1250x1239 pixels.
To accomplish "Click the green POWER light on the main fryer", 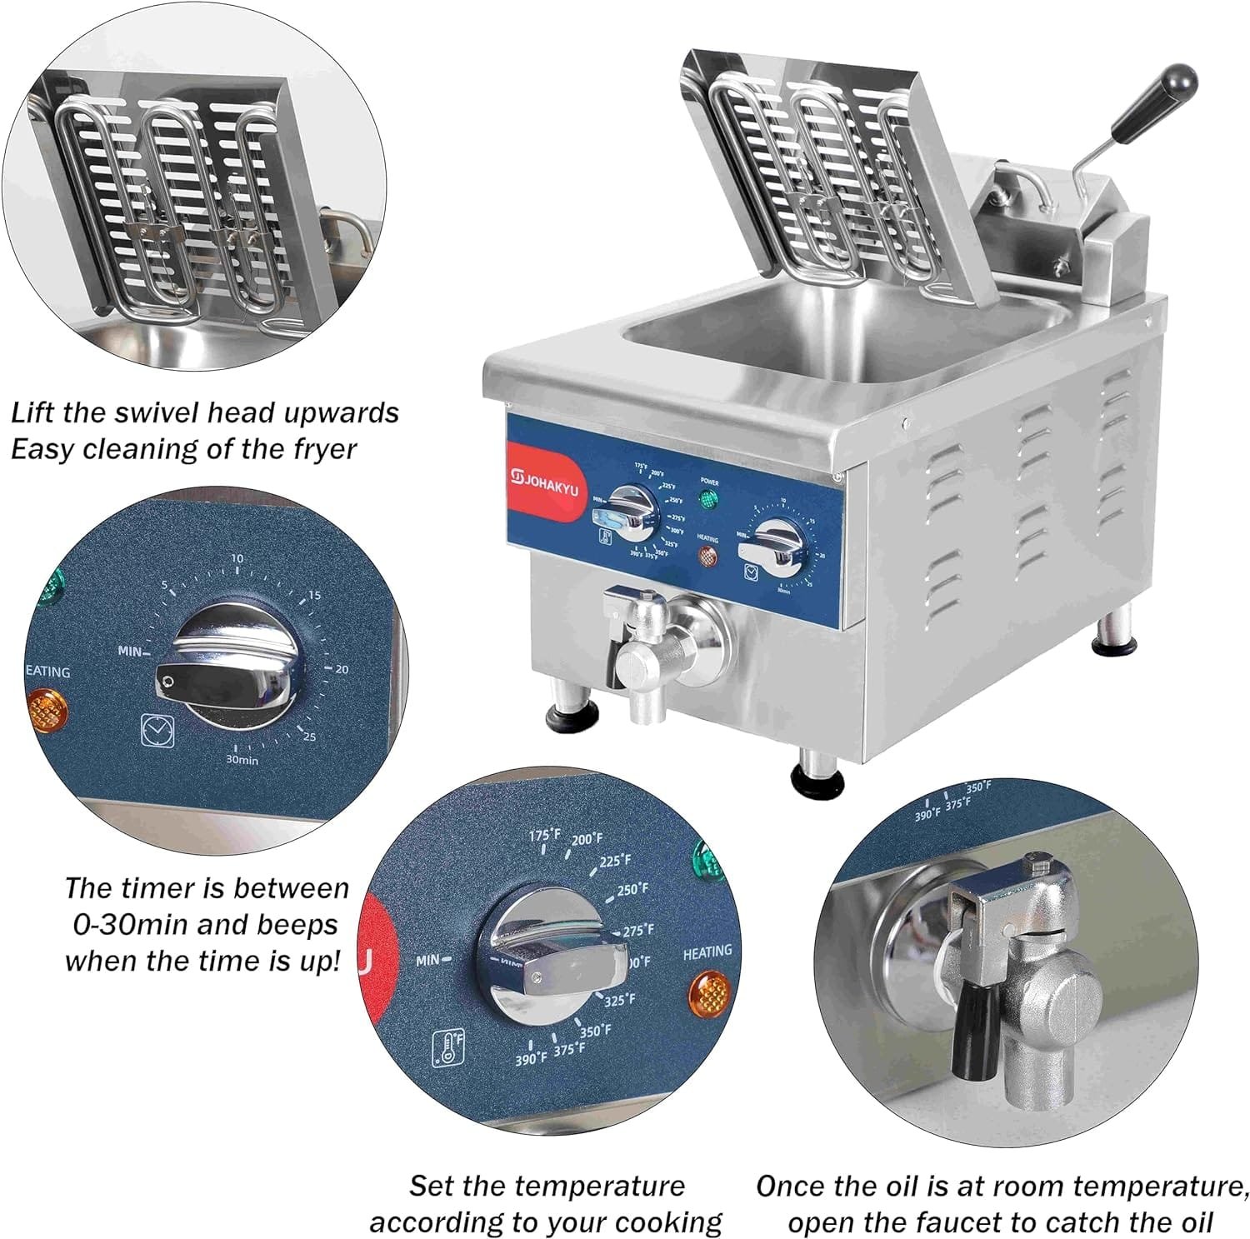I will pyautogui.click(x=708, y=501).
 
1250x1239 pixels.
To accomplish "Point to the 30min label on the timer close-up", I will pyautogui.click(x=242, y=760).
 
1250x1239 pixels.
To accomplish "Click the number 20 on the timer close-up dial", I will pyautogui.click(x=342, y=669).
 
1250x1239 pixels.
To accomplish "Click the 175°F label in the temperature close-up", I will pyautogui.click(x=546, y=834).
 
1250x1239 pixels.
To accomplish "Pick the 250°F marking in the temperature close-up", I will pyautogui.click(x=632, y=890).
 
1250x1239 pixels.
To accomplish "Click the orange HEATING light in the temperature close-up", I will pyautogui.click(x=708, y=992).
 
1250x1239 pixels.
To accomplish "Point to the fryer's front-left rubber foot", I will pyautogui.click(x=572, y=715).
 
